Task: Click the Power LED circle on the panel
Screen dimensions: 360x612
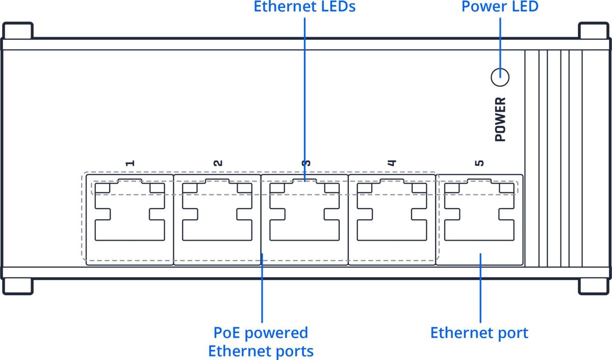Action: click(500, 78)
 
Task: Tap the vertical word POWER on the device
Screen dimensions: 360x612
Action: click(500, 119)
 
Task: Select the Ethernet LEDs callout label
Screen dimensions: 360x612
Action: click(304, 7)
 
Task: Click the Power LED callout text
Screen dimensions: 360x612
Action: click(500, 7)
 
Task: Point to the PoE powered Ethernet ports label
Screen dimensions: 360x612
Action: click(261, 342)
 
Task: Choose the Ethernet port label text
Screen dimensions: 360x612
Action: click(479, 333)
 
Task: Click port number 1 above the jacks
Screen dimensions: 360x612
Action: click(130, 163)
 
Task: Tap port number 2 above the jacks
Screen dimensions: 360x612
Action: click(218, 163)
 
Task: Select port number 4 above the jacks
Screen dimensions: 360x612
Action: click(391, 163)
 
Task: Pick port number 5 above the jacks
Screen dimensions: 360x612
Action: click(479, 163)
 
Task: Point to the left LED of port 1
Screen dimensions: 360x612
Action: click(103, 188)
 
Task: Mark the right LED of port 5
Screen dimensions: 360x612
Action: click(507, 188)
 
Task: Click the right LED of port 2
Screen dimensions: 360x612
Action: click(245, 188)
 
